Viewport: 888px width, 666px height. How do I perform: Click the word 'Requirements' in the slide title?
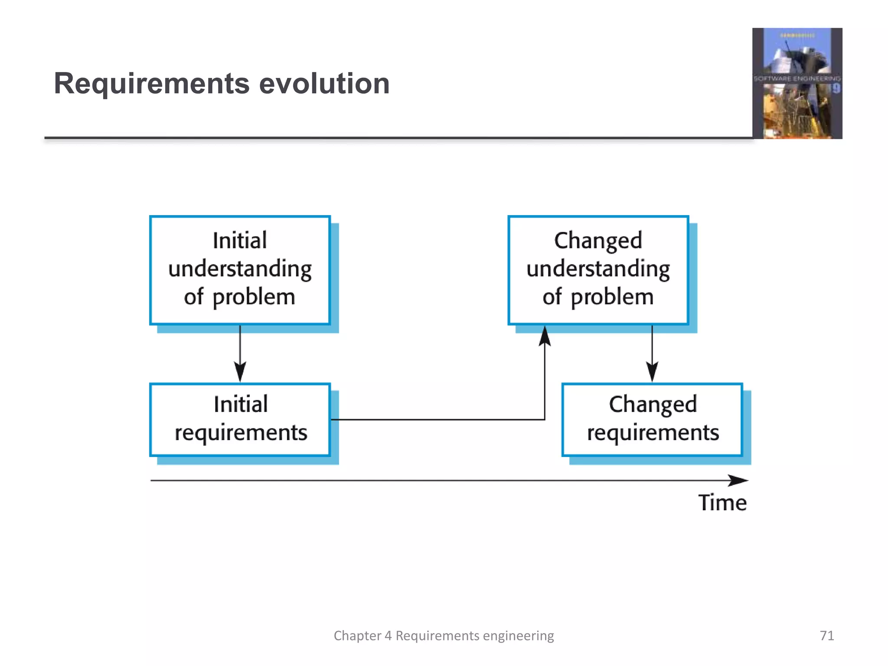tap(152, 83)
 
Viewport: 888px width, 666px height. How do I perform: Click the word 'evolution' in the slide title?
tap(324, 83)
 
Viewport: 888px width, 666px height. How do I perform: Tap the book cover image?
tap(797, 83)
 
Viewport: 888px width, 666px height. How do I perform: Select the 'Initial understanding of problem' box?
tap(240, 270)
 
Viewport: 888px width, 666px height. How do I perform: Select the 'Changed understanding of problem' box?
tap(598, 270)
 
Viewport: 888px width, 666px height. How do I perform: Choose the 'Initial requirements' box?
tap(240, 419)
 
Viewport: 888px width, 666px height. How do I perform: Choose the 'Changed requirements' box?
tap(652, 419)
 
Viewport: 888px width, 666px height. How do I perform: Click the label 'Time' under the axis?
tap(722, 503)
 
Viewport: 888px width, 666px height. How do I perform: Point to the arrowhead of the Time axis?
tap(739, 480)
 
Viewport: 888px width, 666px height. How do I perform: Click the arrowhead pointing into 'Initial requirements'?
tap(240, 372)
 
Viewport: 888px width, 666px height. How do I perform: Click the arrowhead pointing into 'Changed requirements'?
tap(652, 372)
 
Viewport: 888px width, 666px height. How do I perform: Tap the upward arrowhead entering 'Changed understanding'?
tap(545, 336)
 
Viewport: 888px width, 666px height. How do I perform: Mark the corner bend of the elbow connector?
tap(545, 419)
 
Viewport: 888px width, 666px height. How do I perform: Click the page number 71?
tap(827, 635)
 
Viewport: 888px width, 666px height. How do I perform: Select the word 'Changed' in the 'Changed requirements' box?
tap(653, 405)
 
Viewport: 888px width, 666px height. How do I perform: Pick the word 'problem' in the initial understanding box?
tap(254, 297)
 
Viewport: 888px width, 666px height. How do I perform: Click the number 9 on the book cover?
tap(836, 89)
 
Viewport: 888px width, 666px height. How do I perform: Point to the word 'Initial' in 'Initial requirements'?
tap(241, 405)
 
